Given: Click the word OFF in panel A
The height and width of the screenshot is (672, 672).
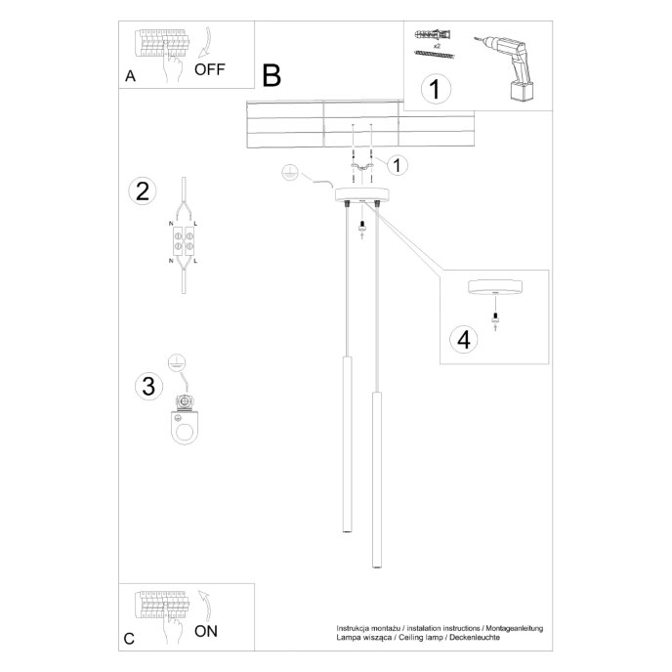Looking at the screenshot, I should coord(210,68).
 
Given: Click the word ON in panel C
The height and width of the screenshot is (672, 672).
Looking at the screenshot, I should coord(206,630).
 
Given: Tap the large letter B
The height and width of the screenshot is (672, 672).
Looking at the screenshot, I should coord(271,74).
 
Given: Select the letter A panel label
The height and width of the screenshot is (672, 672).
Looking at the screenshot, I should coord(130,77).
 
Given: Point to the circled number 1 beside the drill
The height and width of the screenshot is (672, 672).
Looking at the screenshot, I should coord(436,89).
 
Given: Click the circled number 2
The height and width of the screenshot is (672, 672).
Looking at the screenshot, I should coord(143,190).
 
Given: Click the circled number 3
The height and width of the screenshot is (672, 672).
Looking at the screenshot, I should coord(147,386).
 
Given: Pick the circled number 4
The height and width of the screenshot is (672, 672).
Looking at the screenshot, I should coord(464,339).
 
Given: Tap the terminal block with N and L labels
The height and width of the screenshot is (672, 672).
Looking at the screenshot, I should coord(184,240).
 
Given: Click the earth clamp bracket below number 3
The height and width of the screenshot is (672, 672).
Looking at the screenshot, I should coord(184,420).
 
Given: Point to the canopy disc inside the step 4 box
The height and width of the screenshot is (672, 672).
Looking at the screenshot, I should coord(496,288).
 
